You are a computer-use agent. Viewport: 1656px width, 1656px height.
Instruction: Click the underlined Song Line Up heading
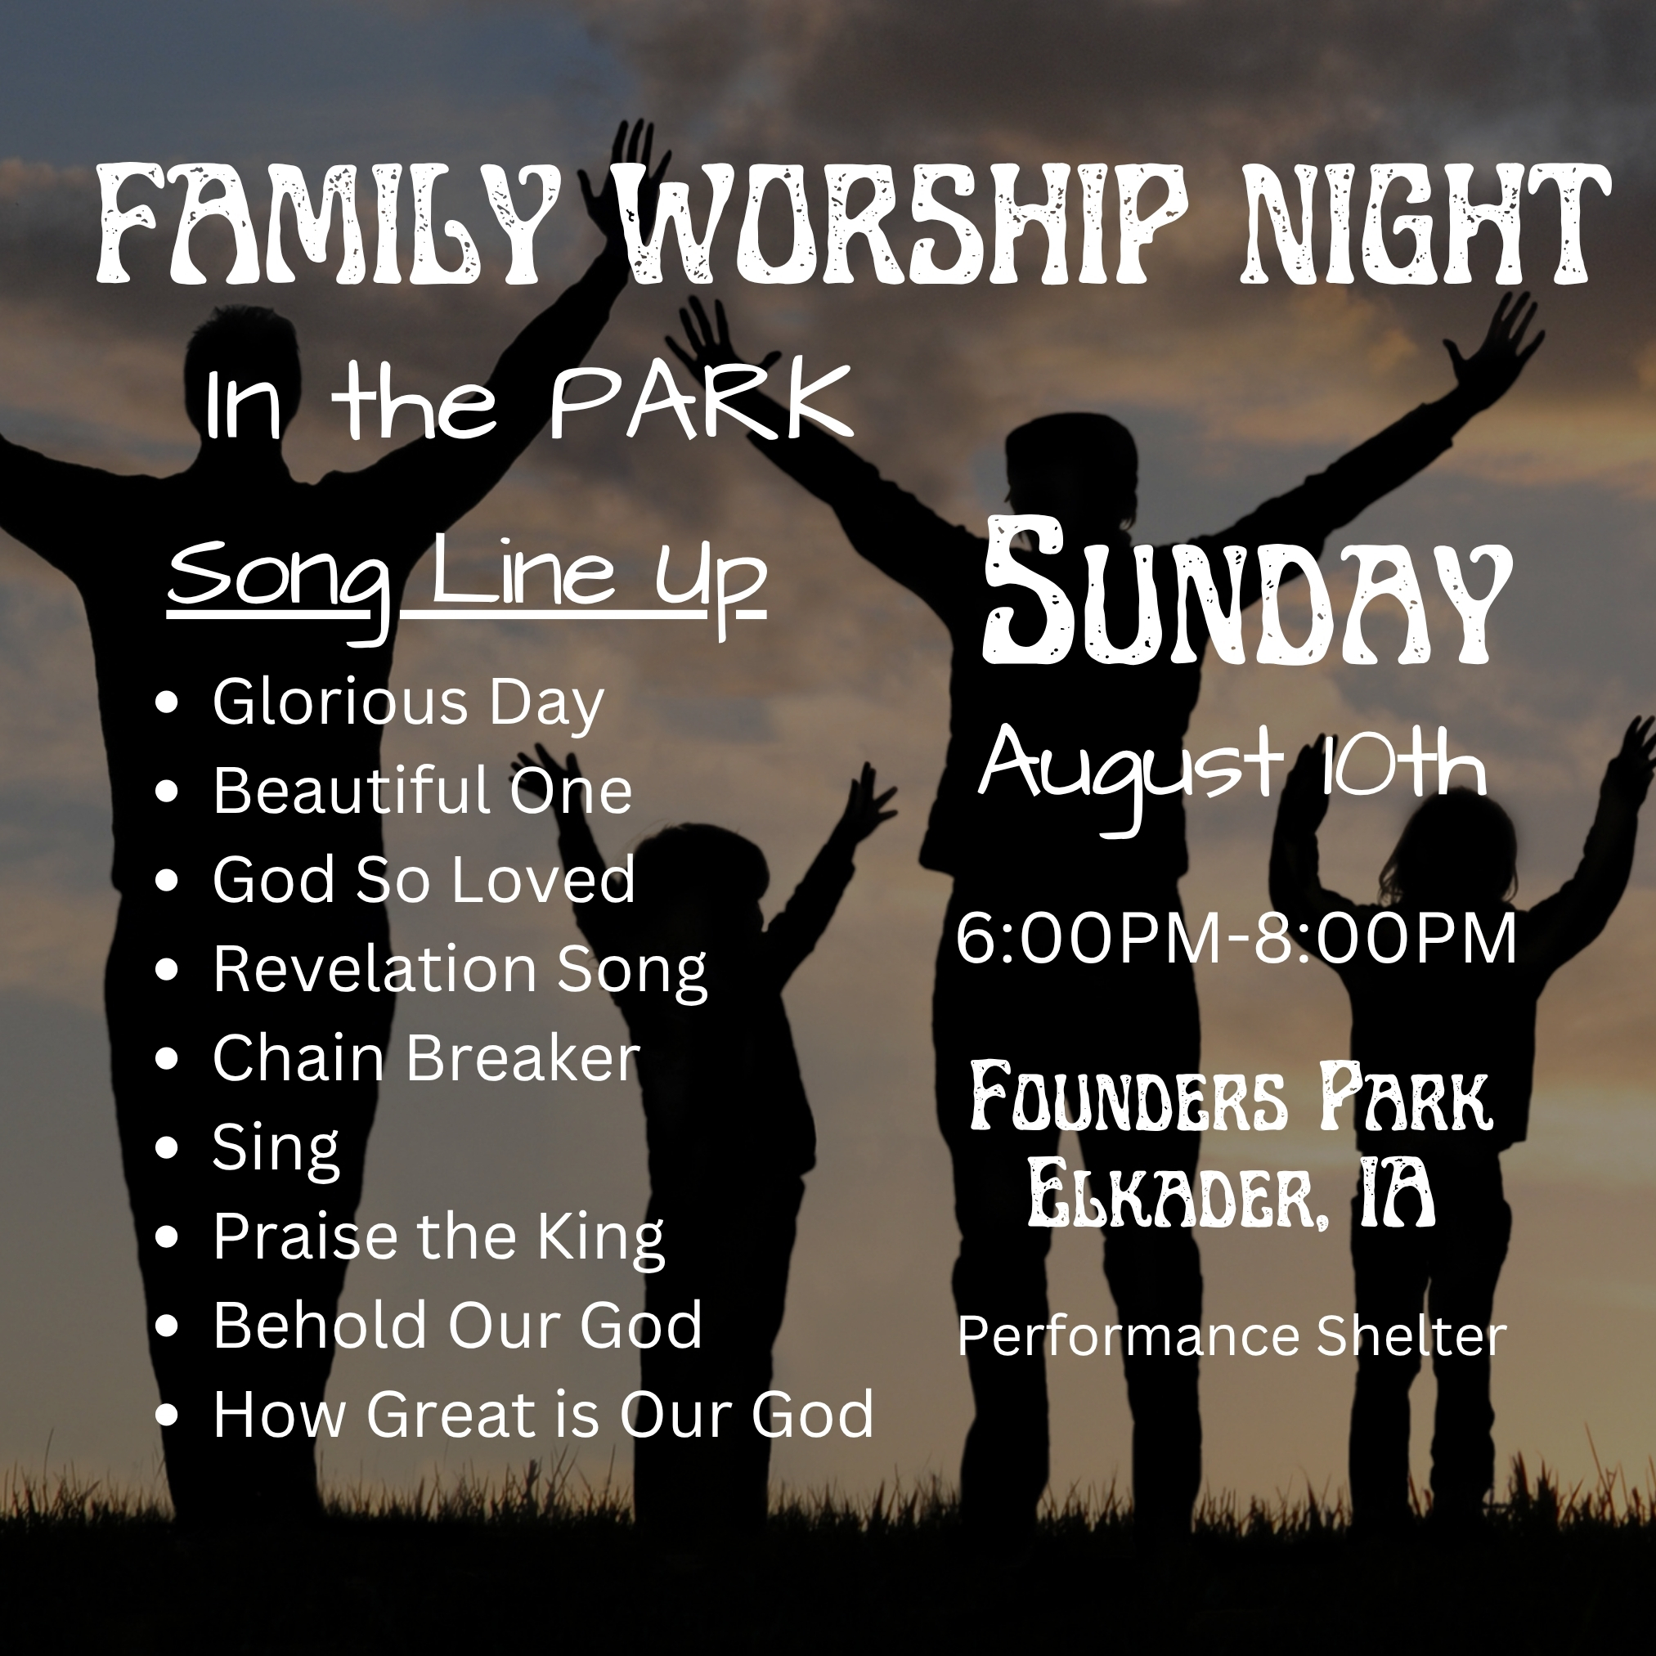point(466,583)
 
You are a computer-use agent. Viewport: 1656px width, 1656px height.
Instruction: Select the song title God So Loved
point(424,879)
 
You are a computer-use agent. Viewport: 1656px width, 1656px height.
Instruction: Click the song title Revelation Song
point(460,972)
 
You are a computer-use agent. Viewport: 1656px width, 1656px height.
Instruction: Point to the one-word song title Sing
point(276,1150)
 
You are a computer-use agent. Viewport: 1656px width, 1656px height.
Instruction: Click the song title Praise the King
point(439,1239)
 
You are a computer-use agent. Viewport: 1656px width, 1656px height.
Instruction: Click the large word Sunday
point(1247,591)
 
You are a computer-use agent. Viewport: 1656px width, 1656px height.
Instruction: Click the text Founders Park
point(1232,1098)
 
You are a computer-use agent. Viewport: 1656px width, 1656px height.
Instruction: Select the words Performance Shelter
point(1232,1335)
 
